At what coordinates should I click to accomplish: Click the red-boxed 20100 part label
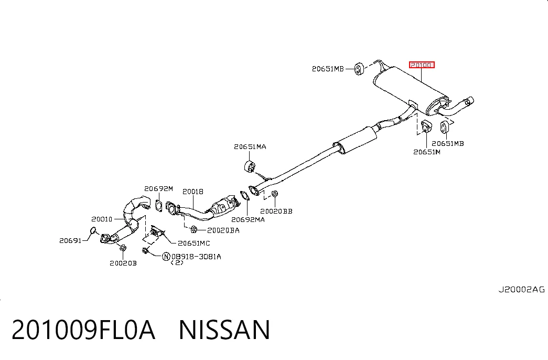[422, 65]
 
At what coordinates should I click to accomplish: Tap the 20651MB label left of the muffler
[328, 69]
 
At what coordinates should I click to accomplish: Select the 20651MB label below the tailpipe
[448, 143]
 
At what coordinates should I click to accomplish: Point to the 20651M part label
[427, 152]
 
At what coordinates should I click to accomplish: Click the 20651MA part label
[250, 146]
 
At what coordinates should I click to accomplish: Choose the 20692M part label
[158, 189]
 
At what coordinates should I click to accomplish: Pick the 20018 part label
[193, 192]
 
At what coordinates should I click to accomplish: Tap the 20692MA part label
[248, 220]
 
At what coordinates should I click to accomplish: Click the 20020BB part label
[276, 211]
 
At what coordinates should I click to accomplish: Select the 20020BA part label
[223, 230]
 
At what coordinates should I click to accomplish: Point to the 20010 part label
[102, 219]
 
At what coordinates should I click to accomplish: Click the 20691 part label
[70, 240]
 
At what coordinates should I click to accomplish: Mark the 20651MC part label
[194, 243]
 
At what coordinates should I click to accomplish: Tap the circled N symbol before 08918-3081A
[166, 257]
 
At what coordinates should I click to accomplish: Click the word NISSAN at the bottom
[224, 330]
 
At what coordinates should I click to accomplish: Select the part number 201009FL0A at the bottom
[83, 330]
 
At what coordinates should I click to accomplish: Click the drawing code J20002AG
[521, 289]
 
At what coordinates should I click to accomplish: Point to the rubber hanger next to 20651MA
[250, 166]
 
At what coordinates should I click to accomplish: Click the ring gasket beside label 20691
[93, 230]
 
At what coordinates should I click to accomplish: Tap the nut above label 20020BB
[275, 194]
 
